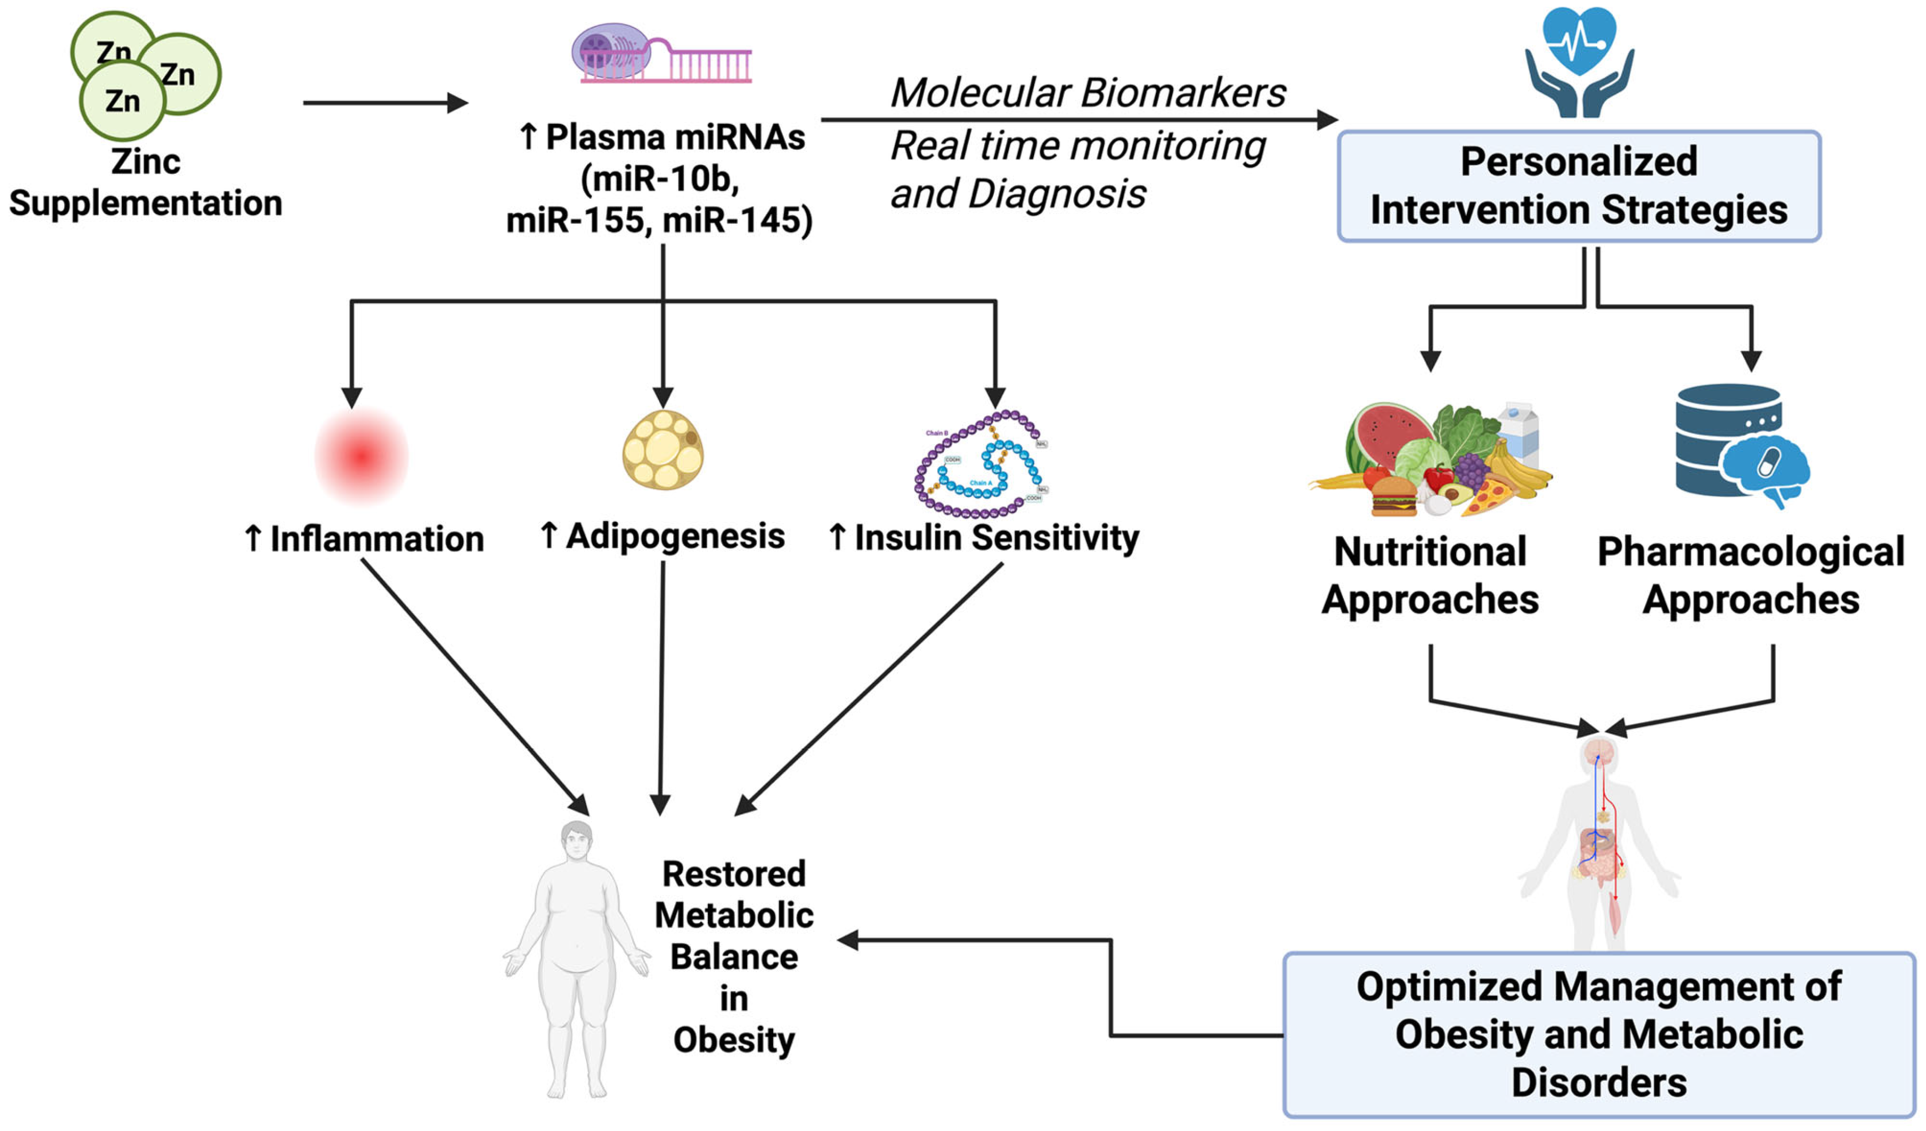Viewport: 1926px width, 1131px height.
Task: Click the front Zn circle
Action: coord(122,100)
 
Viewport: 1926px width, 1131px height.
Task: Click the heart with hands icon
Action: coord(1579,61)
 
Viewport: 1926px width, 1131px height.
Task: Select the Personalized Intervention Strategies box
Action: coord(1579,186)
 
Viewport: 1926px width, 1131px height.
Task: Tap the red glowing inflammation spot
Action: coord(361,456)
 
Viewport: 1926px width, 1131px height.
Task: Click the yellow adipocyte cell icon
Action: coord(663,450)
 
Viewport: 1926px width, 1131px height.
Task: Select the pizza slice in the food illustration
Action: coord(1487,497)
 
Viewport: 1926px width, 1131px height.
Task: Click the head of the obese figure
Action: coord(576,840)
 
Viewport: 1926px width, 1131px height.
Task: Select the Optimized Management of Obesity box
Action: coord(1599,1035)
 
